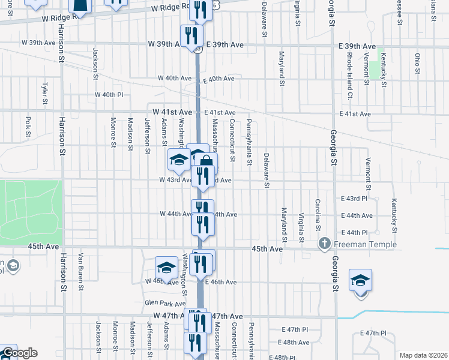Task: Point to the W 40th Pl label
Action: click(109, 95)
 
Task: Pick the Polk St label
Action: click(28, 126)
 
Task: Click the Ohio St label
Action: click(417, 63)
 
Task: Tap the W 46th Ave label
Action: click(159, 281)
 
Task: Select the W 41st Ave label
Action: click(172, 112)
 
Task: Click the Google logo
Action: click(19, 353)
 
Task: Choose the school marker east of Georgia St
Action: click(360, 280)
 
